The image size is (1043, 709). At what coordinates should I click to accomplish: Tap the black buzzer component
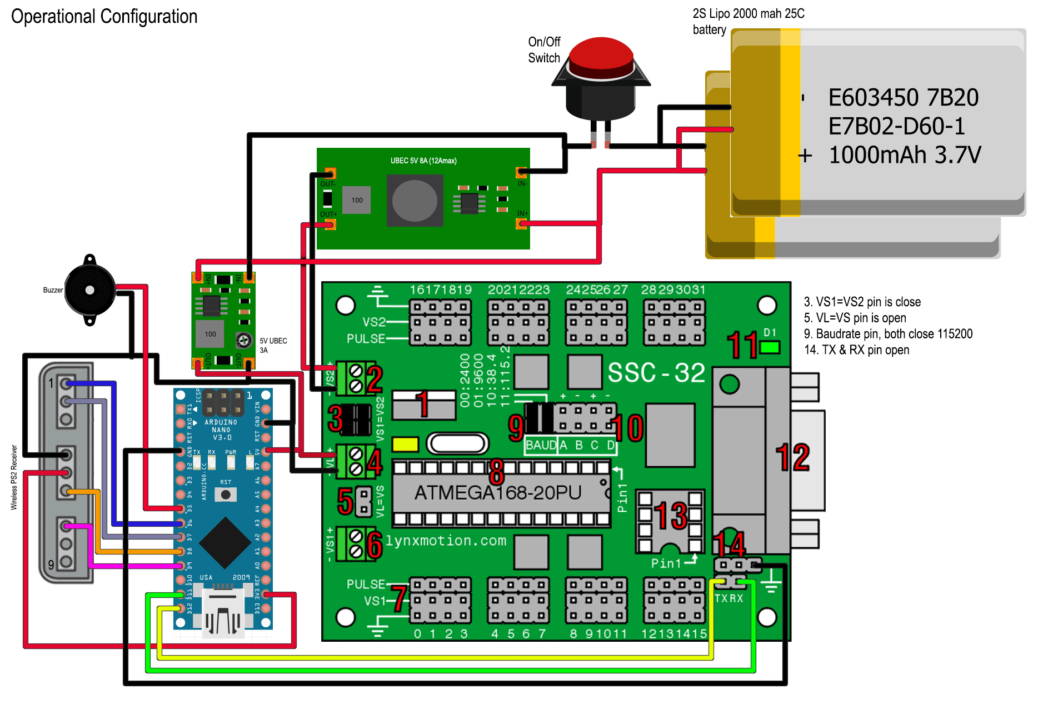[90, 290]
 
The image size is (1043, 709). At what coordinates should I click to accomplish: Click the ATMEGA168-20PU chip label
[498, 493]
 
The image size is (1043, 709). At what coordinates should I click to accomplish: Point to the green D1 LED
[770, 348]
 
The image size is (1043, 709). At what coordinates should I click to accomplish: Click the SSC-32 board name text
[656, 372]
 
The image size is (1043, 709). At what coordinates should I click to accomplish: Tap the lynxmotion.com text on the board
[446, 541]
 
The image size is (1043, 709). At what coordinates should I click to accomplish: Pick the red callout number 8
[496, 472]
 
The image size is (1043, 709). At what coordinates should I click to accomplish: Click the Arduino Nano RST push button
[226, 495]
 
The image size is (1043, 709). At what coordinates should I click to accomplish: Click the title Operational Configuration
[104, 16]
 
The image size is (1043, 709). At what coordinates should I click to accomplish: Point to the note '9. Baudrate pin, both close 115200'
[888, 334]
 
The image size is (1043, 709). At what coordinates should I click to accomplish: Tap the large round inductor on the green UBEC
[415, 201]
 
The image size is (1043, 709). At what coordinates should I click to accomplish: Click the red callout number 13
[672, 516]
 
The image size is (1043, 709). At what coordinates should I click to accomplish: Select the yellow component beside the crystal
[405, 444]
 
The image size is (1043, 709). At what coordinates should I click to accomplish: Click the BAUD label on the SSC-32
[541, 445]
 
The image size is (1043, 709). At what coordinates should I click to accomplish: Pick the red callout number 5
[345, 501]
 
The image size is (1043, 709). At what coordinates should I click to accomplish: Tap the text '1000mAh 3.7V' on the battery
[905, 155]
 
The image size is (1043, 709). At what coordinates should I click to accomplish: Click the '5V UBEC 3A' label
[273, 345]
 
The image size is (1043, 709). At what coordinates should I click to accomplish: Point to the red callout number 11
[743, 345]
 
